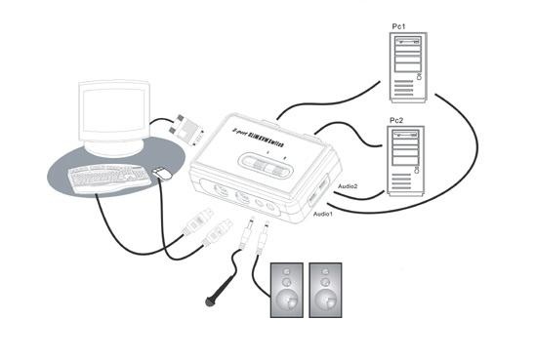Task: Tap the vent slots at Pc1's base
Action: click(x=413, y=91)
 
